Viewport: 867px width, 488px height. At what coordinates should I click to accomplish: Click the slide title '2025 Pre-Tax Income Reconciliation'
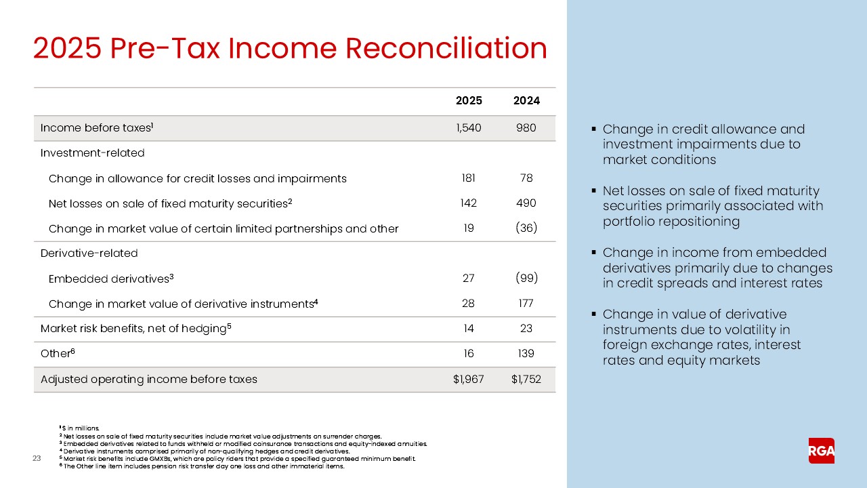point(290,49)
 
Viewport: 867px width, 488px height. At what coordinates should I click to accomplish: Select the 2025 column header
point(469,101)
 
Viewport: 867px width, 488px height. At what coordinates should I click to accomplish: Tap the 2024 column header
point(526,101)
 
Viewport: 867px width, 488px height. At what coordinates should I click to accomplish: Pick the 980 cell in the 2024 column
point(526,128)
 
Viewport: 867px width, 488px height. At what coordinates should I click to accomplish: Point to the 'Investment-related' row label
point(92,153)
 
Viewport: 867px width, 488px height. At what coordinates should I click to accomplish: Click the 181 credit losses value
point(468,178)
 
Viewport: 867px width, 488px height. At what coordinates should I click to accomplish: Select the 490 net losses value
point(526,203)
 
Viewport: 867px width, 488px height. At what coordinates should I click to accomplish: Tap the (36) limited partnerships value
point(526,228)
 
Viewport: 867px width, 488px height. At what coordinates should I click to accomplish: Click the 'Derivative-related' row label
point(89,253)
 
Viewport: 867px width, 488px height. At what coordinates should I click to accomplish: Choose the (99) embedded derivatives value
point(526,279)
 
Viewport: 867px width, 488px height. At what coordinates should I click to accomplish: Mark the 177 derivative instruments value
point(526,304)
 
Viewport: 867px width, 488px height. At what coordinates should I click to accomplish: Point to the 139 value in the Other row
point(526,354)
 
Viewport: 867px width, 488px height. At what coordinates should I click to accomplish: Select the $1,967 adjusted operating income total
point(468,380)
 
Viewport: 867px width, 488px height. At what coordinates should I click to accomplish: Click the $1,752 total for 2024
point(526,380)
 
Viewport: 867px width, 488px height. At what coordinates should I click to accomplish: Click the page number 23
point(37,460)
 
